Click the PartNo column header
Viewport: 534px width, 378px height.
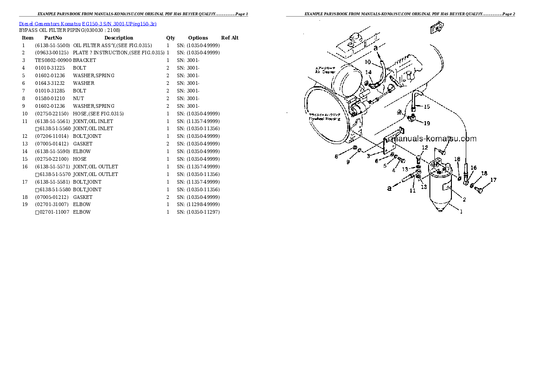tap(53, 38)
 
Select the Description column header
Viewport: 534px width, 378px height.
tap(118, 38)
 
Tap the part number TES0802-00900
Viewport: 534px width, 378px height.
tap(53, 60)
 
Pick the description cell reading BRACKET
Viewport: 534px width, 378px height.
tap(84, 60)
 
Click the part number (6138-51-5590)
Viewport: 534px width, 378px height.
tap(52, 151)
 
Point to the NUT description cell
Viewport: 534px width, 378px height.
tap(79, 98)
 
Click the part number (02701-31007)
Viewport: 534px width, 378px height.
tap(52, 205)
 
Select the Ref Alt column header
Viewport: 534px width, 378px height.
tap(230, 38)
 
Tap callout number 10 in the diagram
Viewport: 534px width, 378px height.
tap(368, 62)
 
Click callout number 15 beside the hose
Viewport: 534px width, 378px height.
tap(426, 107)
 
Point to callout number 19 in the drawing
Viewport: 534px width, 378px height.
tap(426, 123)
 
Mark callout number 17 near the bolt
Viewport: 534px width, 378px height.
tap(493, 180)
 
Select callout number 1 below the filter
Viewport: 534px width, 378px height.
tap(461, 212)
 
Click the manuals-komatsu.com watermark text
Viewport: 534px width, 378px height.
tap(434, 139)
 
